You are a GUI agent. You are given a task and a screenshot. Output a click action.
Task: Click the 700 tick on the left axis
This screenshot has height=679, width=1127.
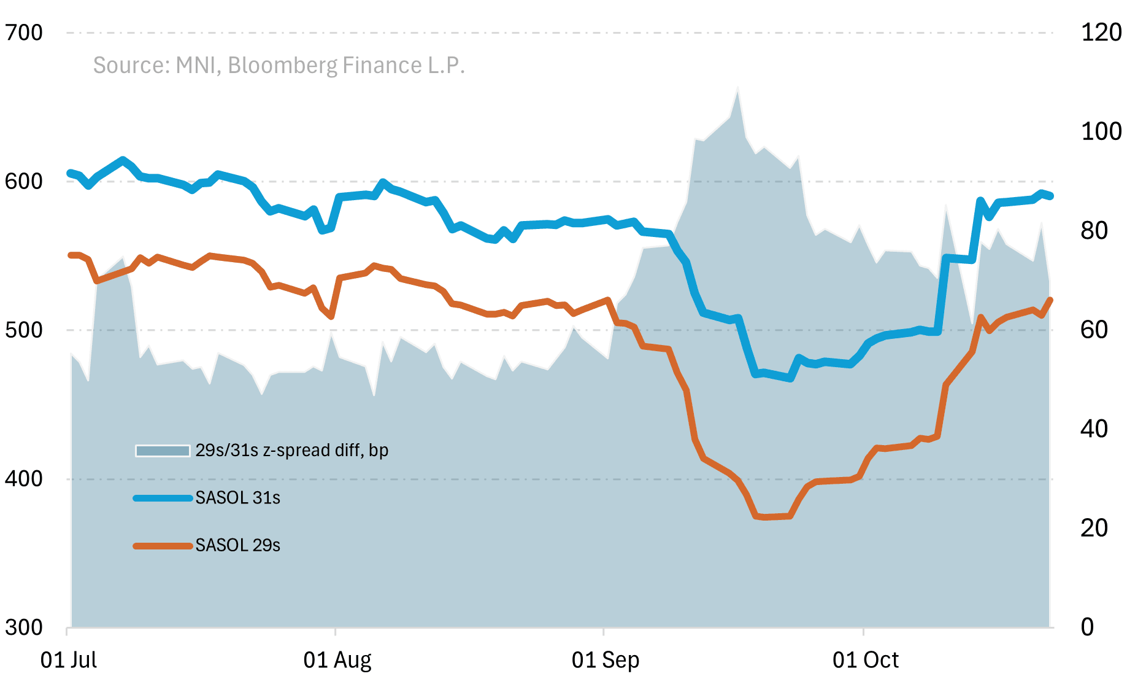click(24, 33)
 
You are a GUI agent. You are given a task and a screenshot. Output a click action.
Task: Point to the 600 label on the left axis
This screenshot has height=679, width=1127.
click(24, 182)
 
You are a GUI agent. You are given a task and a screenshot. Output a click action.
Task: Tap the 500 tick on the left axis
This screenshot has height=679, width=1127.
click(24, 330)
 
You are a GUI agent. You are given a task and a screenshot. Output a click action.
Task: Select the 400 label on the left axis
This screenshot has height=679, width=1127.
click(24, 479)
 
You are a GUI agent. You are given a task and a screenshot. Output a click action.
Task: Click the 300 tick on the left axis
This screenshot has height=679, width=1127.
click(24, 627)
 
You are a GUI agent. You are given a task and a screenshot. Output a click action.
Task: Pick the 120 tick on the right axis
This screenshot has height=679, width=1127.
click(1101, 33)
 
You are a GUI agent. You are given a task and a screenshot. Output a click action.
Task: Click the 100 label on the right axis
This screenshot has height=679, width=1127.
click(1101, 131)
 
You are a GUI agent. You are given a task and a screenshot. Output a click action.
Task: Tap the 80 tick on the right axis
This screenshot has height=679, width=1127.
click(1094, 231)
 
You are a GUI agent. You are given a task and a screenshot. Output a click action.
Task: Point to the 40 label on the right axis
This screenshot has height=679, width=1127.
click(1094, 429)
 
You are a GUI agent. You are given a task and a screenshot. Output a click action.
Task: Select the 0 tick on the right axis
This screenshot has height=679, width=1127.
click(1087, 627)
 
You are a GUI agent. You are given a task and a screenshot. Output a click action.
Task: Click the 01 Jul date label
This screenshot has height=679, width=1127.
click(69, 661)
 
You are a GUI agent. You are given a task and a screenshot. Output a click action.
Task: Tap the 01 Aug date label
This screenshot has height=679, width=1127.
click(337, 661)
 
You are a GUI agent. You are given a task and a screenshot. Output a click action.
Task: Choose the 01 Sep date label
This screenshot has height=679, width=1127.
click(606, 661)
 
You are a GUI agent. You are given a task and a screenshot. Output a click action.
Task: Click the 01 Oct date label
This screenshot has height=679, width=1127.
click(865, 661)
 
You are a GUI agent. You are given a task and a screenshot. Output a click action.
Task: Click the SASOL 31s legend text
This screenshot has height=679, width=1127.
click(238, 498)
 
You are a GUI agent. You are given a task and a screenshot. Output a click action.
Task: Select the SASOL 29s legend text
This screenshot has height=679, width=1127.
click(238, 545)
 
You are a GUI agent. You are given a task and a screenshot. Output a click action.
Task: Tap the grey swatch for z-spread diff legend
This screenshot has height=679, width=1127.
click(163, 451)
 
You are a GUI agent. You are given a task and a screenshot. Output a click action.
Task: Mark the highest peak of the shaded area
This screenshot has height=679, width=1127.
click(737, 88)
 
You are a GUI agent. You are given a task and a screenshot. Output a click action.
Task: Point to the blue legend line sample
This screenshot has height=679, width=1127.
click(163, 498)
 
